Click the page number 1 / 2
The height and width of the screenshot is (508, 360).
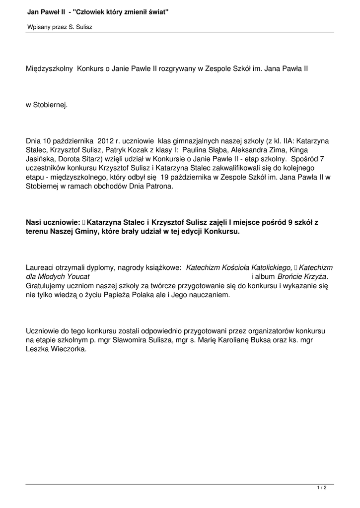[x=322, y=488]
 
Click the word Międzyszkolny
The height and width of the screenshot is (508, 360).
[x=49, y=69]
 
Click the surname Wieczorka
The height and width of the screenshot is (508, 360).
[x=67, y=349]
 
